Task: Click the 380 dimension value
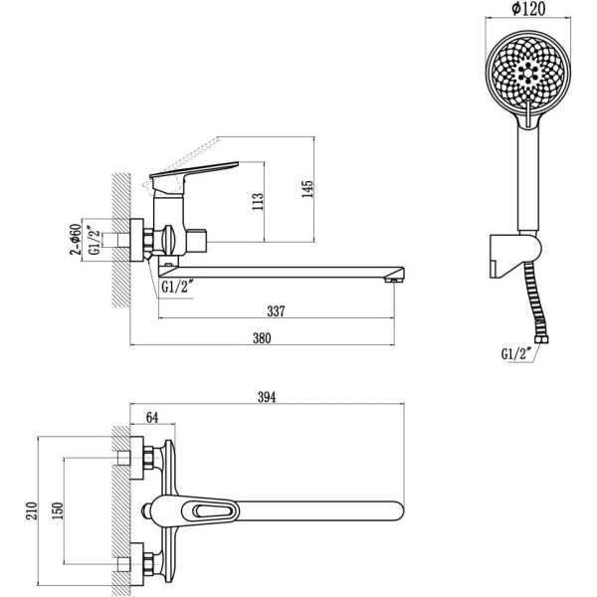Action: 262,337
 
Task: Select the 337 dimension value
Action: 277,311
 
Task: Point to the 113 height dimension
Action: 258,203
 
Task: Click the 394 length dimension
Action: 266,397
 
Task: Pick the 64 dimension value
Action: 152,416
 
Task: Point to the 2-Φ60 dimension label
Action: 75,240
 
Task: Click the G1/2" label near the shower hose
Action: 517,352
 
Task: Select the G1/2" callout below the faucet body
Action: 177,289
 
